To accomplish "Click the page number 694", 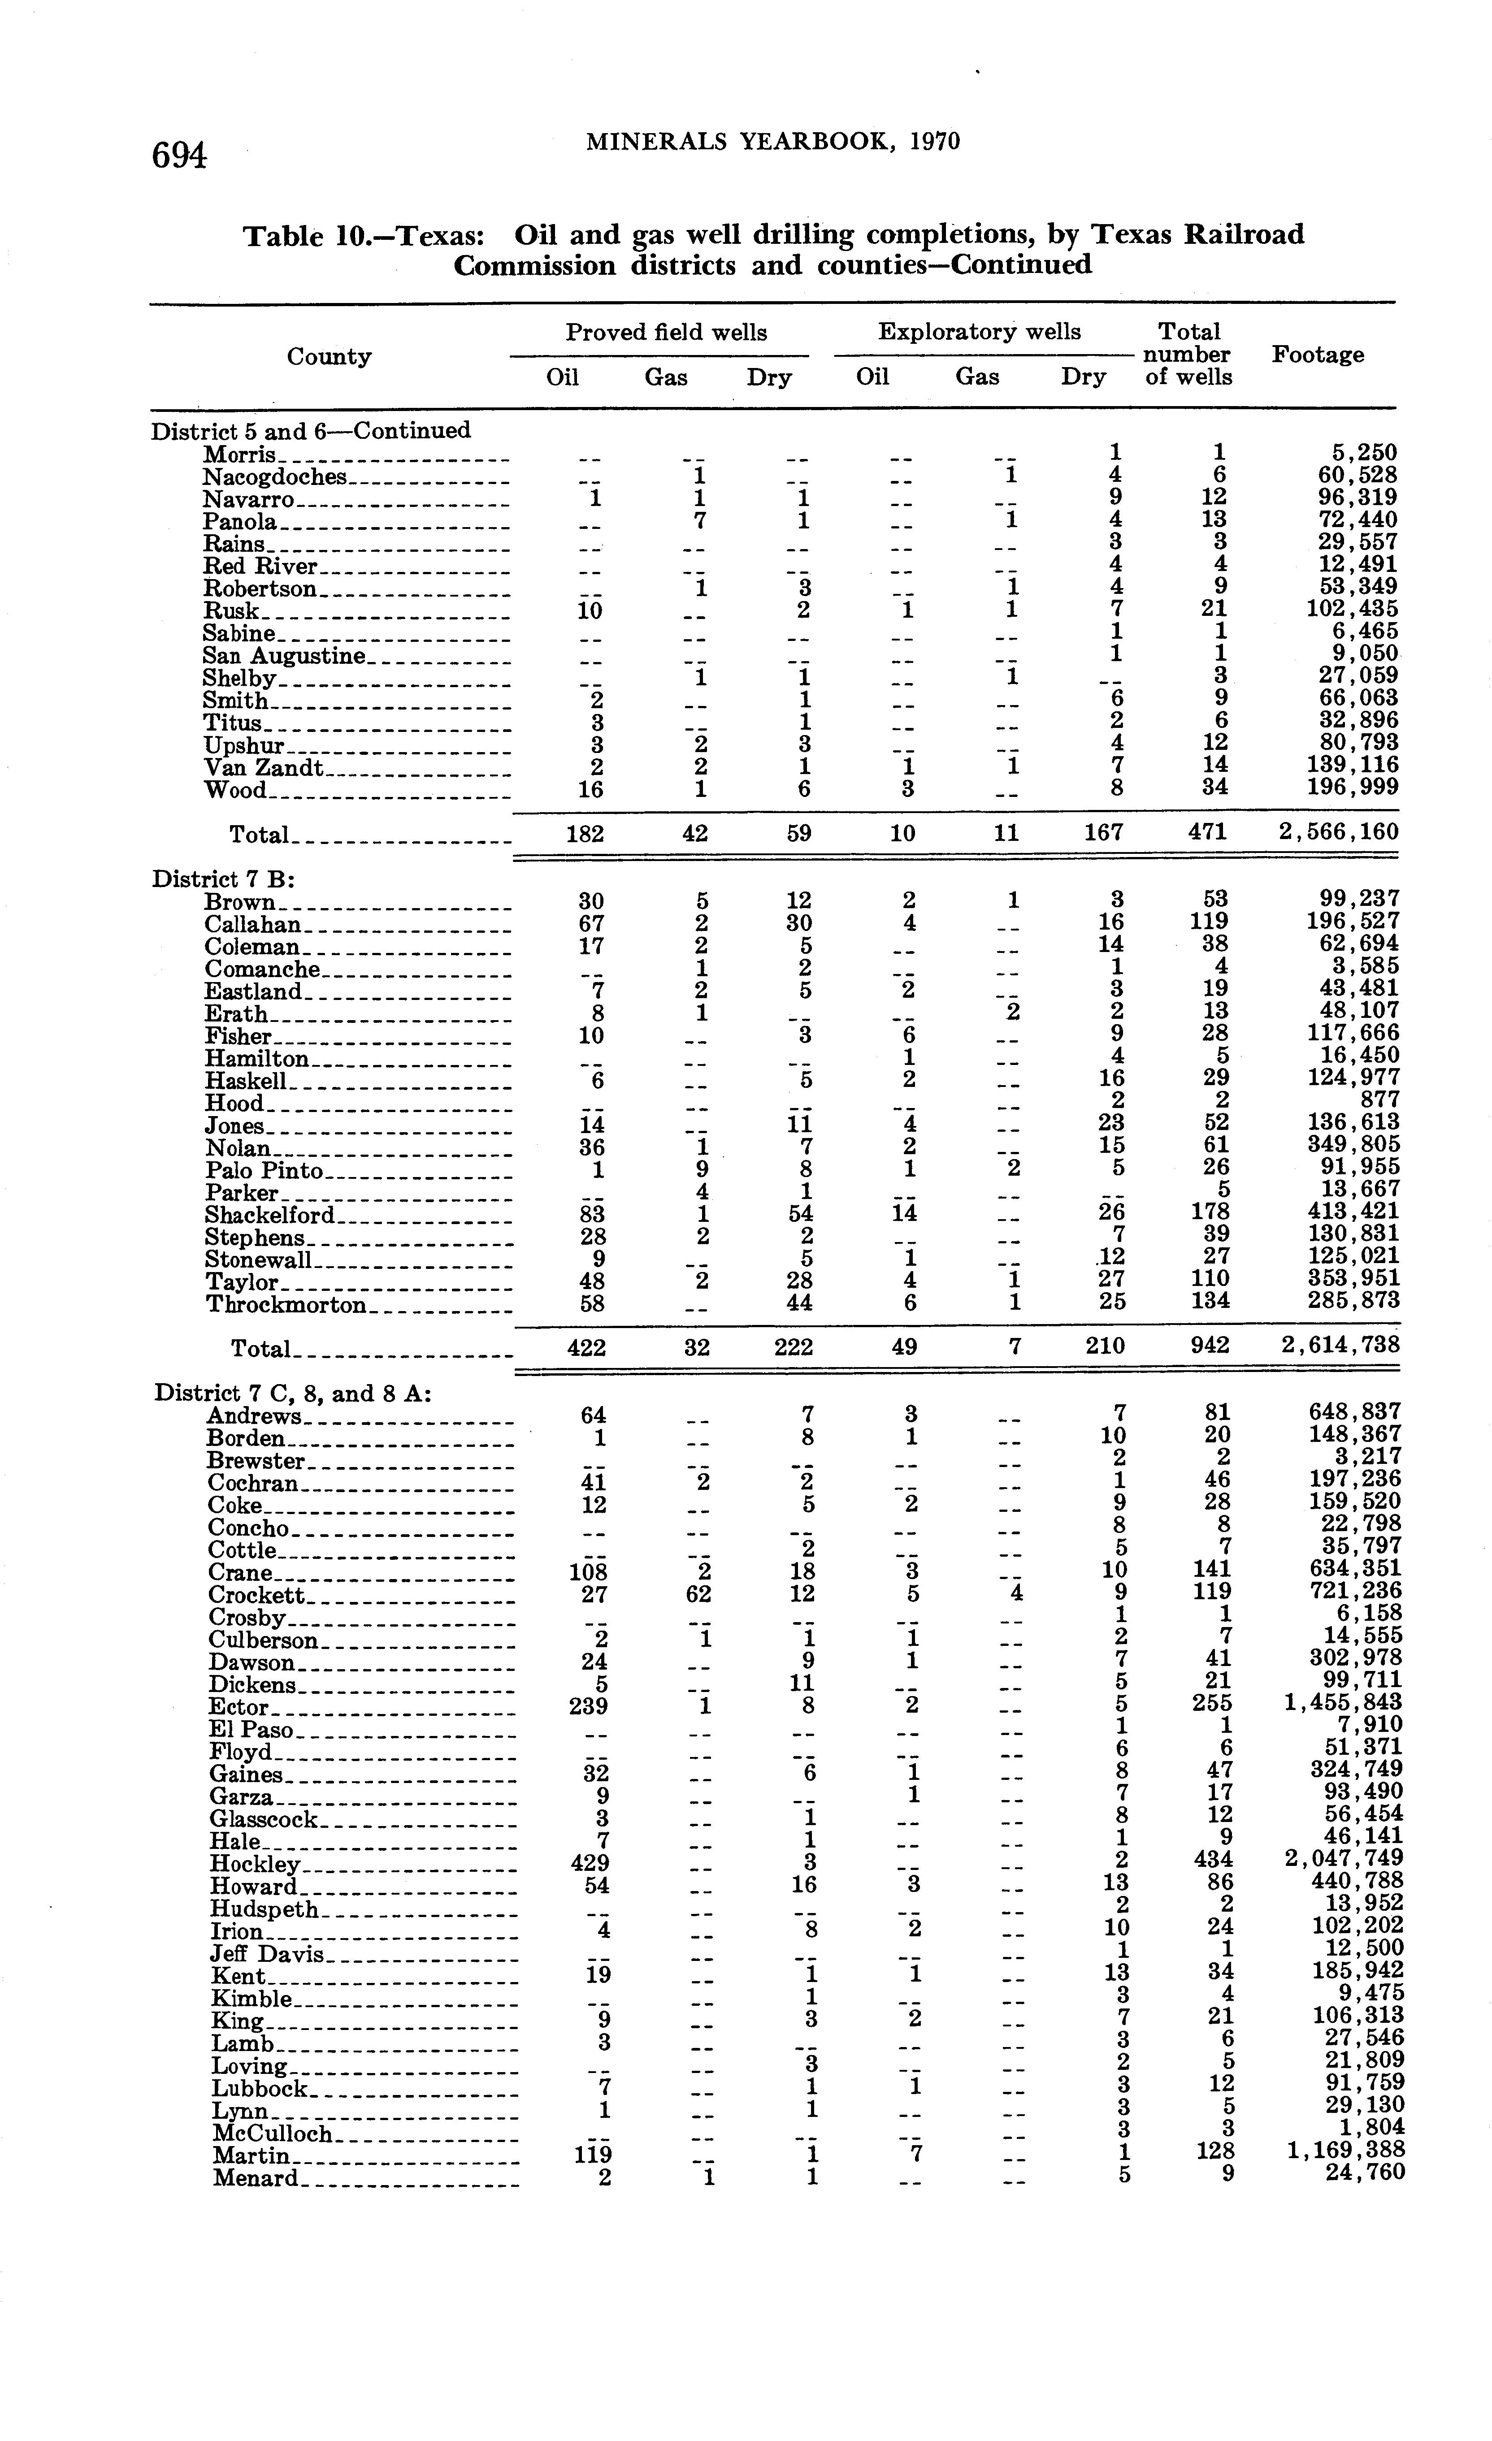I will [x=179, y=156].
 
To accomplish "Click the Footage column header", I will [x=1318, y=355].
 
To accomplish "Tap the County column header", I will [x=329, y=357].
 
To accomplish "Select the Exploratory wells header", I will [x=979, y=332].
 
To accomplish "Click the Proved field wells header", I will [x=666, y=332].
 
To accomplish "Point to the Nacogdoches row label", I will [x=275, y=477].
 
